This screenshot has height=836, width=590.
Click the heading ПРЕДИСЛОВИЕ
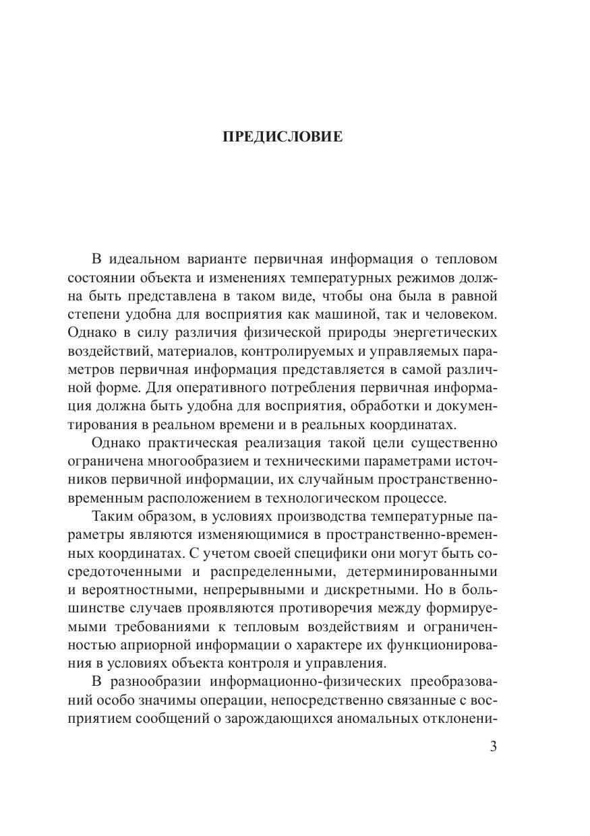click(283, 137)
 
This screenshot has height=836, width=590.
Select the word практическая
click(202, 443)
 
